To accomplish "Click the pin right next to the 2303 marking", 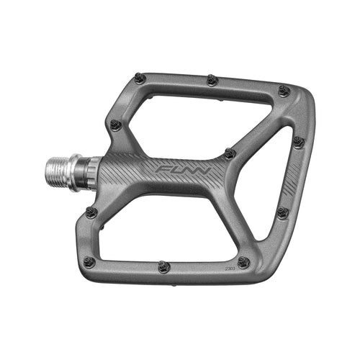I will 243,262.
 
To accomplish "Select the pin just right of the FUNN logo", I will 229,153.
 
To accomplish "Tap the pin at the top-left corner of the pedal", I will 140,78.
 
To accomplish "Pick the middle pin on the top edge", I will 212,80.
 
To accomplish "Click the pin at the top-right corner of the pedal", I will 284,91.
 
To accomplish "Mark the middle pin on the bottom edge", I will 164,266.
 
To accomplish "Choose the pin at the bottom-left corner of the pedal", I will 89,261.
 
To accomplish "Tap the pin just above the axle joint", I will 114,125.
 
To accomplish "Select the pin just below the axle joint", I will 91,212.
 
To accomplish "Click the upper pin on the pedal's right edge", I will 298,142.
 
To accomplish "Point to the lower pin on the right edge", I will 282,213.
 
